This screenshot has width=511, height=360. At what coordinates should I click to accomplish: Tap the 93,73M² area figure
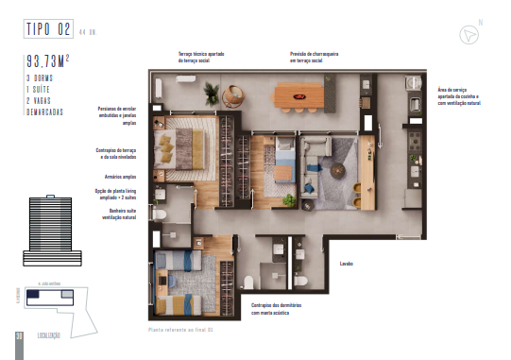tap(50, 63)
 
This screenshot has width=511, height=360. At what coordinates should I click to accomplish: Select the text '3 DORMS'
tap(42, 77)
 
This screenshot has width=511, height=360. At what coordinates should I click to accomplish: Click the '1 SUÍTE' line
tap(40, 88)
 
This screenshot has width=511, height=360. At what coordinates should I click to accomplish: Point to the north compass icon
tap(468, 33)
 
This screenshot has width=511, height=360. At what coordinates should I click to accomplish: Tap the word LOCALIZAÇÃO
tap(50, 335)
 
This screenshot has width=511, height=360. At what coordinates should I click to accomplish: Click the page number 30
tap(19, 336)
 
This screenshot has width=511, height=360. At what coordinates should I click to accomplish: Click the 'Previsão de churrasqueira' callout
tap(314, 57)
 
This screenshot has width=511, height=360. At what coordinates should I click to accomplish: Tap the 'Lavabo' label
tap(346, 265)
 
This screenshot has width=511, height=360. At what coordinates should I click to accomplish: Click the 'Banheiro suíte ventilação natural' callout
tap(121, 214)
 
